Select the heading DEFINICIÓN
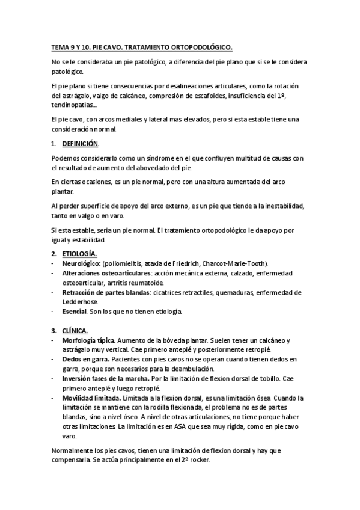[80, 144]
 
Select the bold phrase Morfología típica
[88, 340]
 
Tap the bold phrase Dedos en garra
[82, 360]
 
